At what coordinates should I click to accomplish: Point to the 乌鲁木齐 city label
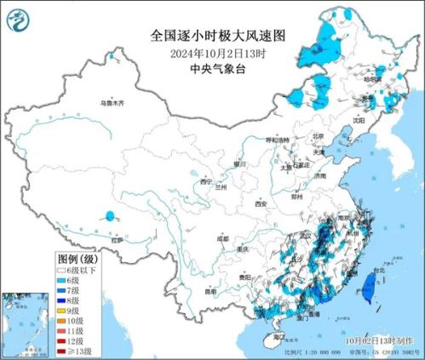coord(111,102)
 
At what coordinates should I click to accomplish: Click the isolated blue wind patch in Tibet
coord(110,217)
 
